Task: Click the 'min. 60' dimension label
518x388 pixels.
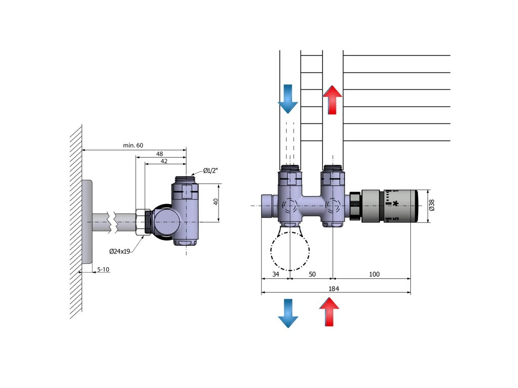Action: (133, 145)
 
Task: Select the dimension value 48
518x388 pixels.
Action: (159, 153)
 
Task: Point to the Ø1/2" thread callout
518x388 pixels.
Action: (210, 170)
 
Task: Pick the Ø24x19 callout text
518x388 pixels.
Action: (120, 251)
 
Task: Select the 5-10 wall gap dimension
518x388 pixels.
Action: (103, 269)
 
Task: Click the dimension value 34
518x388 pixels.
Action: (276, 274)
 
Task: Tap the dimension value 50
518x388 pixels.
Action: (312, 274)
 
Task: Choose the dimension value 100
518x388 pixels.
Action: (374, 274)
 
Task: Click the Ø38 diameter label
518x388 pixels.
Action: (431, 206)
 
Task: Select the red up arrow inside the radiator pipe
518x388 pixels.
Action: (332, 100)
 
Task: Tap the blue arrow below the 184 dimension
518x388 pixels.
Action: (288, 313)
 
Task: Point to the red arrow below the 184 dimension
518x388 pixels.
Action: (329, 312)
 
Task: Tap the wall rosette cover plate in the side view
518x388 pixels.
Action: (87, 222)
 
